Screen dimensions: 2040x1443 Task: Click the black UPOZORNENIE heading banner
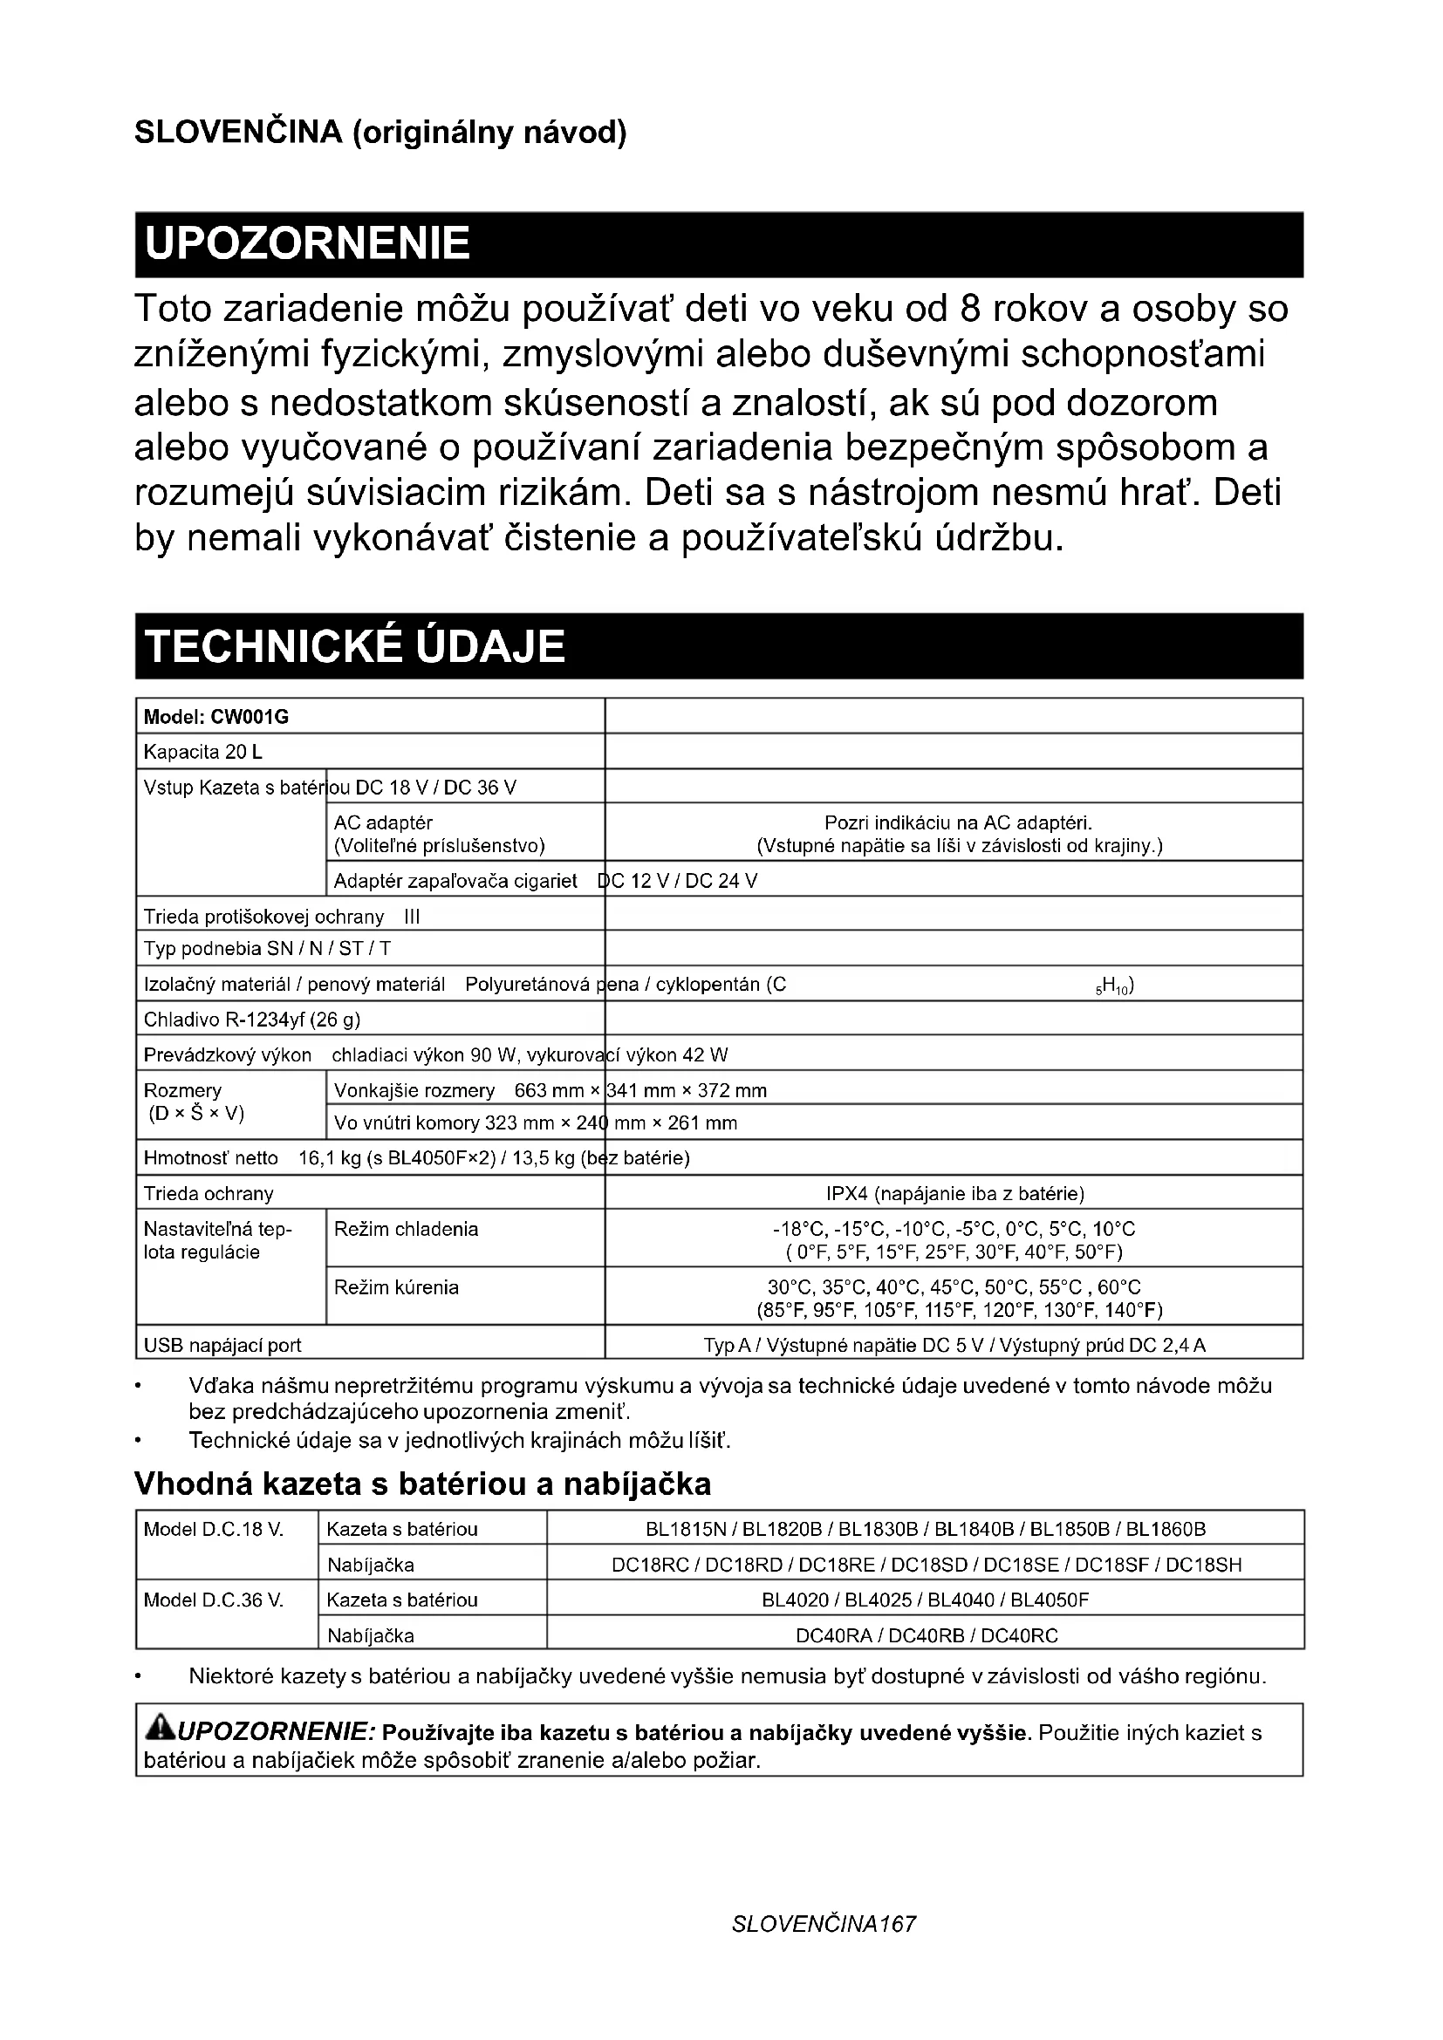pyautogui.click(x=718, y=244)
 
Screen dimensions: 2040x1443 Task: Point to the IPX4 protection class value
pyautogui.click(x=954, y=1193)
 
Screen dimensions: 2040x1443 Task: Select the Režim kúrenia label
pyautogui.click(x=396, y=1286)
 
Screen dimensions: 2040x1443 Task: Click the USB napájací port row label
pyautogui.click(x=223, y=1345)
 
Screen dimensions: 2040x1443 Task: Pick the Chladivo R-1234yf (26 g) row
pyautogui.click(x=252, y=1019)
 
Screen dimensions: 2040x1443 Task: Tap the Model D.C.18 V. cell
pyautogui.click(x=213, y=1529)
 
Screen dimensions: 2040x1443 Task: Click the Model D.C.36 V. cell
pyautogui.click(x=213, y=1600)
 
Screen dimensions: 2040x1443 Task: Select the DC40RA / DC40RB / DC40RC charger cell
pyautogui.click(x=926, y=1635)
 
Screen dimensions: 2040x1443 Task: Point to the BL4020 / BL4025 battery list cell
pyautogui.click(x=925, y=1600)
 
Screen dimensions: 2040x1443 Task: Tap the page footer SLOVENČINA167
pyautogui.click(x=823, y=1949)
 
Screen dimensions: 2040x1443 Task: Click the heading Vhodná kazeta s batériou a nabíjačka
pyautogui.click(x=422, y=1484)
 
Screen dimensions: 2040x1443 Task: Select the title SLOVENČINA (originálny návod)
pyautogui.click(x=380, y=133)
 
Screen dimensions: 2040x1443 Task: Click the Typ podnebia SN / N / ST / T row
pyautogui.click(x=268, y=948)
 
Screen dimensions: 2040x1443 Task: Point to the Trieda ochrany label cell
pyautogui.click(x=209, y=1193)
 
